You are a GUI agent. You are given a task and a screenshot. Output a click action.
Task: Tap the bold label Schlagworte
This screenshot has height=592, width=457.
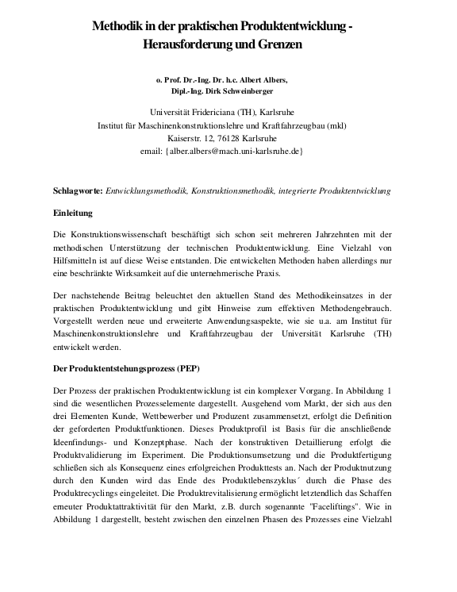(x=78, y=191)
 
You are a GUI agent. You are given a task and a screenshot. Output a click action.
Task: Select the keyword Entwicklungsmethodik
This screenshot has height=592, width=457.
(x=149, y=191)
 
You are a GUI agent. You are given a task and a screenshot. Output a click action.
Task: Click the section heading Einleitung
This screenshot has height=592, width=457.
(x=74, y=213)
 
